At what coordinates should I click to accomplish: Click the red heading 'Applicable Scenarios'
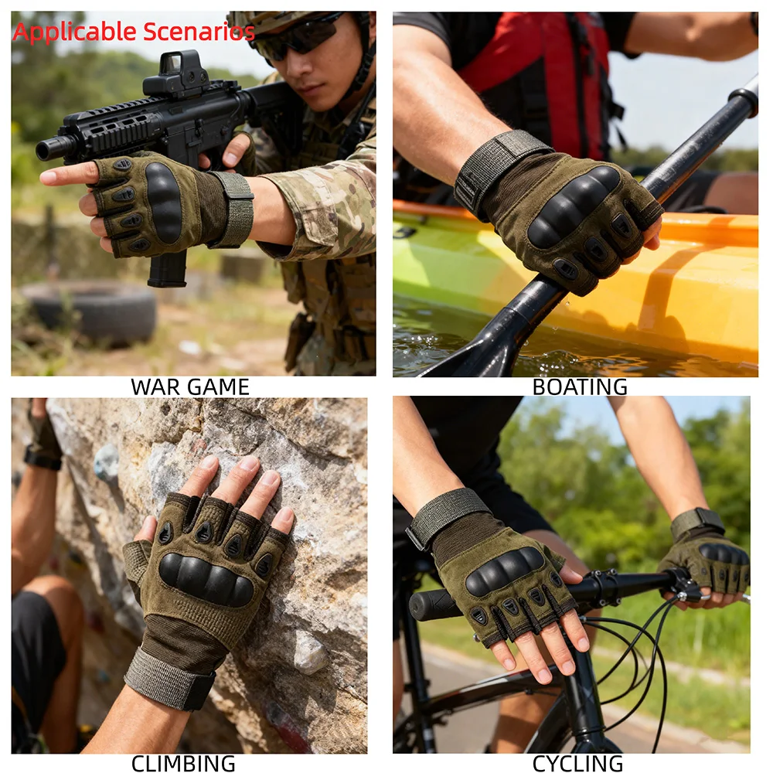click(x=134, y=32)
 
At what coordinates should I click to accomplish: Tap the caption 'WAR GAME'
click(x=190, y=387)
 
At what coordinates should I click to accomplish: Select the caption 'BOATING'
click(x=580, y=387)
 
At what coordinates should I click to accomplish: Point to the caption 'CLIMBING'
click(x=183, y=763)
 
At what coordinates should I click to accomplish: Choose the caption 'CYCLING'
click(x=577, y=763)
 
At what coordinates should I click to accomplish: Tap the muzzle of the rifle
click(x=49, y=148)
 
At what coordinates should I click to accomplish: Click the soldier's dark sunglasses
click(x=296, y=37)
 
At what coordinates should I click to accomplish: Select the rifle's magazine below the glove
click(x=168, y=269)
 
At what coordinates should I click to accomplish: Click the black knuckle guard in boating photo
click(x=573, y=206)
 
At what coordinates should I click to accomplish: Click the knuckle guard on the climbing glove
click(x=206, y=579)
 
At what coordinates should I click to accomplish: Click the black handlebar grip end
click(x=429, y=604)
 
